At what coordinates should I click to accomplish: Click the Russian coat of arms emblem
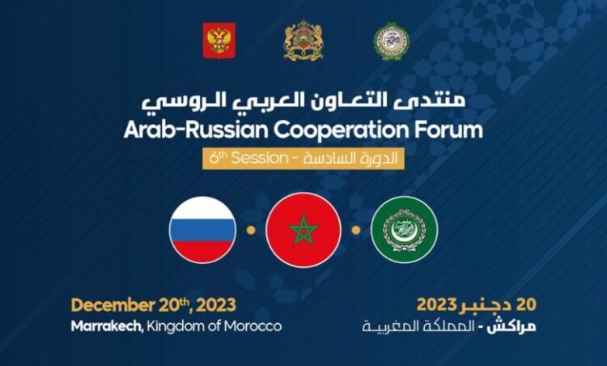pos(219,40)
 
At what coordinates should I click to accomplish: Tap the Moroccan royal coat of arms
pos(303,40)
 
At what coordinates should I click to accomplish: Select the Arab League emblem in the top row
pos(392,40)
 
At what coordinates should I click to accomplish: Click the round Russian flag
pos(203,230)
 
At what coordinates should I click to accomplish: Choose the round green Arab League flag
pos(404,230)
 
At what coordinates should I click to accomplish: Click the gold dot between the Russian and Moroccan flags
pos(251,230)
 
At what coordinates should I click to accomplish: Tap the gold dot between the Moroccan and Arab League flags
pos(356,230)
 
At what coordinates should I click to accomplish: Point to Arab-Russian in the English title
pos(196,130)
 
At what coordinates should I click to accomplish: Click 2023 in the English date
pos(216,305)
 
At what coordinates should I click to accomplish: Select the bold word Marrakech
pos(107,326)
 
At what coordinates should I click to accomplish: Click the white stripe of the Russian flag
pos(203,208)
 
